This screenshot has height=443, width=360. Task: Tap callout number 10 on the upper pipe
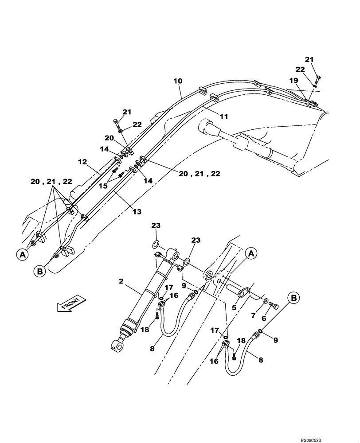tap(178, 82)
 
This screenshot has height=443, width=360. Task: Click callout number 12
tap(83, 163)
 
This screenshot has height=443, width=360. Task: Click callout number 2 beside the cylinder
tap(121, 281)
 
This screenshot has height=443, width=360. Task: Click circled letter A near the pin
tap(251, 254)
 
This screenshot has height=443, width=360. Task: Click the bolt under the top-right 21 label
tap(317, 80)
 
